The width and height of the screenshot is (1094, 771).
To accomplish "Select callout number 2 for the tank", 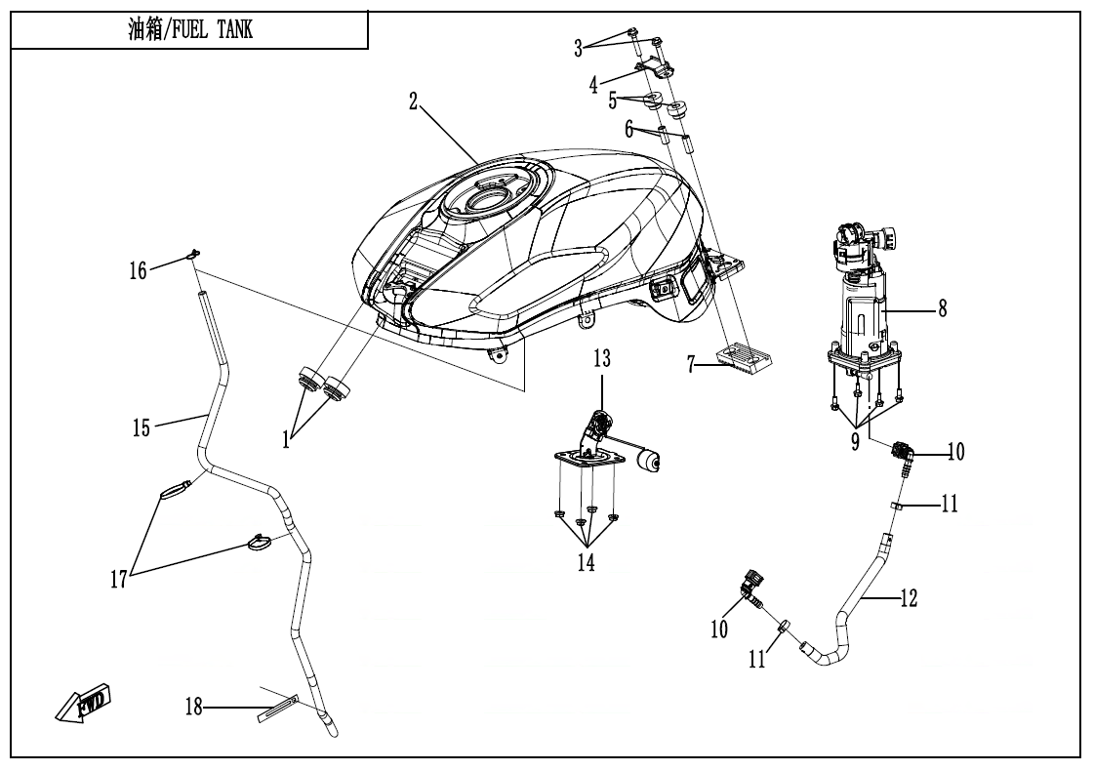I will click(x=414, y=101).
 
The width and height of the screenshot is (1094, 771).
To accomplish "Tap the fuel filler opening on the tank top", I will click(x=484, y=201).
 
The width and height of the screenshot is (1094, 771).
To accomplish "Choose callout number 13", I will click(x=602, y=359).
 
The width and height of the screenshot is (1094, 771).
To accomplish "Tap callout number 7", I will click(x=691, y=365).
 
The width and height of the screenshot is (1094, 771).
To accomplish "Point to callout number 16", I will click(x=142, y=270).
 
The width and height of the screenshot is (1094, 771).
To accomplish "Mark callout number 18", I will click(x=195, y=708).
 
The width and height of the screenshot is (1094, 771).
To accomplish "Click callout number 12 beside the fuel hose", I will click(x=909, y=598).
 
